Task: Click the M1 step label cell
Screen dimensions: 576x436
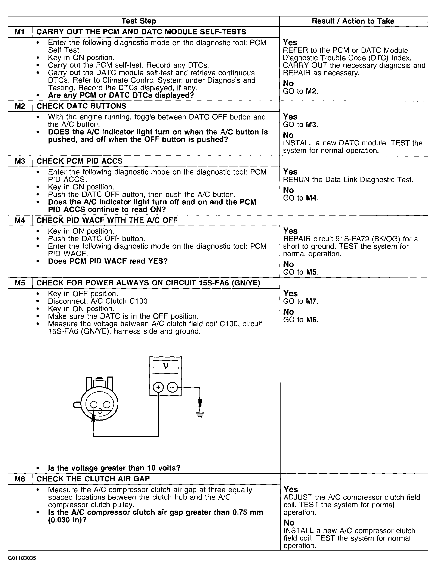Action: [x=20, y=32]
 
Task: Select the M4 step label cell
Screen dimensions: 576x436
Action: [x=20, y=220]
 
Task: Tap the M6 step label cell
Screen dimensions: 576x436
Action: [x=20, y=479]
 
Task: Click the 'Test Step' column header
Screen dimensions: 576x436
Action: [x=139, y=21]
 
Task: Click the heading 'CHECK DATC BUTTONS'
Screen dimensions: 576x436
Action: [x=81, y=106]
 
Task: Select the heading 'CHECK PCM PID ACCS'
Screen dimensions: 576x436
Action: [x=79, y=161]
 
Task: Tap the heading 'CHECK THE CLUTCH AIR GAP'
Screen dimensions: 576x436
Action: [x=93, y=479]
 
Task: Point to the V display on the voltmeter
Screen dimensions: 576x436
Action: [x=165, y=367]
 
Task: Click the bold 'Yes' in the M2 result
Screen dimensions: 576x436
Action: [x=290, y=117]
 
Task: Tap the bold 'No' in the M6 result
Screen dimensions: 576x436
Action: [x=289, y=523]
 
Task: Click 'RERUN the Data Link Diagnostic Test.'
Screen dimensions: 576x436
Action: [x=348, y=180]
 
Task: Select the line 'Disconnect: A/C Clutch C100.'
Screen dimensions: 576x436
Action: [x=99, y=301]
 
